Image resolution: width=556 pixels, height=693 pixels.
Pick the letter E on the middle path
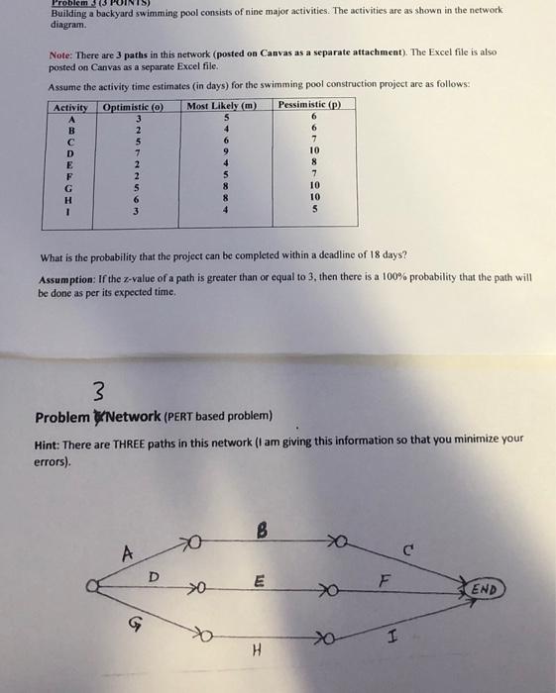click(257, 584)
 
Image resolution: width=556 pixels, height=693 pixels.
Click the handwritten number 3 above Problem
click(97, 387)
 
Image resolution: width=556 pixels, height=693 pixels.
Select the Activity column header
click(70, 106)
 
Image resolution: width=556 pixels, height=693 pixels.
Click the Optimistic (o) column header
click(133, 106)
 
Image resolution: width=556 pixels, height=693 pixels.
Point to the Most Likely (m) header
click(222, 106)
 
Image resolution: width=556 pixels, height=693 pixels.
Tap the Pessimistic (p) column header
click(309, 104)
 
